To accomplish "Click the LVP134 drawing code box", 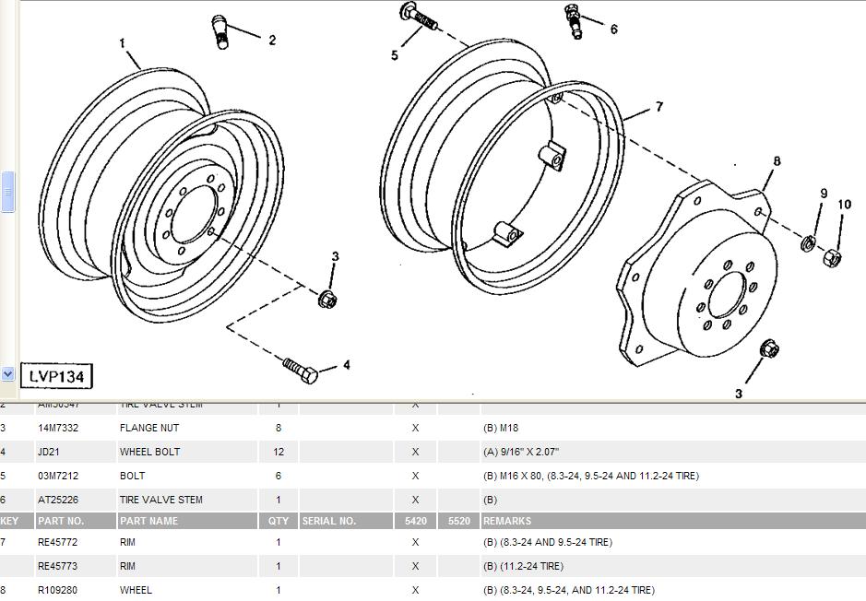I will pyautogui.click(x=56, y=375).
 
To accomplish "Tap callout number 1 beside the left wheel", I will pyautogui.click(x=122, y=43).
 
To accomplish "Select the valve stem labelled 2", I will pyautogui.click(x=221, y=31).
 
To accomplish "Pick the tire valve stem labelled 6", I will pyautogui.click(x=575, y=19).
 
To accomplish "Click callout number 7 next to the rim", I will pyautogui.click(x=658, y=108).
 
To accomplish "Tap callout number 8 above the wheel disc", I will pyautogui.click(x=777, y=161).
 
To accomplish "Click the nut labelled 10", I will pyautogui.click(x=830, y=258).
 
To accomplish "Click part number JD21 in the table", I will pyautogui.click(x=50, y=452).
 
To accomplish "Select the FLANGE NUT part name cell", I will pyautogui.click(x=149, y=428).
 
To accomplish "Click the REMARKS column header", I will pyautogui.click(x=507, y=521).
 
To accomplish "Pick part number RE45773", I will pyautogui.click(x=57, y=566).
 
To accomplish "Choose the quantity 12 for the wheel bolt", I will pyautogui.click(x=279, y=452).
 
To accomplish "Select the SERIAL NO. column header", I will pyautogui.click(x=328, y=521).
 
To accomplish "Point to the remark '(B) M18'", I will pyautogui.click(x=503, y=428).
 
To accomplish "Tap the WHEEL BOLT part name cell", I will pyautogui.click(x=149, y=452).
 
